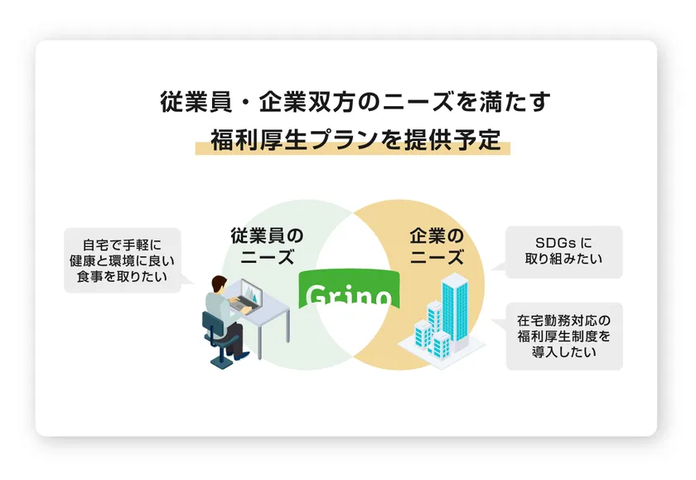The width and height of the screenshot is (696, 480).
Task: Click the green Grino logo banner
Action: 350,289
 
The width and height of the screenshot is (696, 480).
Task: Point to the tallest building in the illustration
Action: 456,311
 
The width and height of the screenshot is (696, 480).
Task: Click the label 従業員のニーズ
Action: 267,246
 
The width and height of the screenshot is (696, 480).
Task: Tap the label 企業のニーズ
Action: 437,246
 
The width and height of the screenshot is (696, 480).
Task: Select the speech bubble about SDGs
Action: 563,252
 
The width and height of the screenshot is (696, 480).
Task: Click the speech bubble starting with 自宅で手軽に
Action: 123,260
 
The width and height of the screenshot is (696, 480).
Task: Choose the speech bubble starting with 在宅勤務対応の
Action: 563,336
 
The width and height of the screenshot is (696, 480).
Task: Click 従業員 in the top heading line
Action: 196,102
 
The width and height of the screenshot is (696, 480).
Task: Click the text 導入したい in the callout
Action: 563,352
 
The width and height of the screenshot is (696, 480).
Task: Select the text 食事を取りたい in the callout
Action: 122,277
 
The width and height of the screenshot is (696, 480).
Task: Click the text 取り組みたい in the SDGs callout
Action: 563,259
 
